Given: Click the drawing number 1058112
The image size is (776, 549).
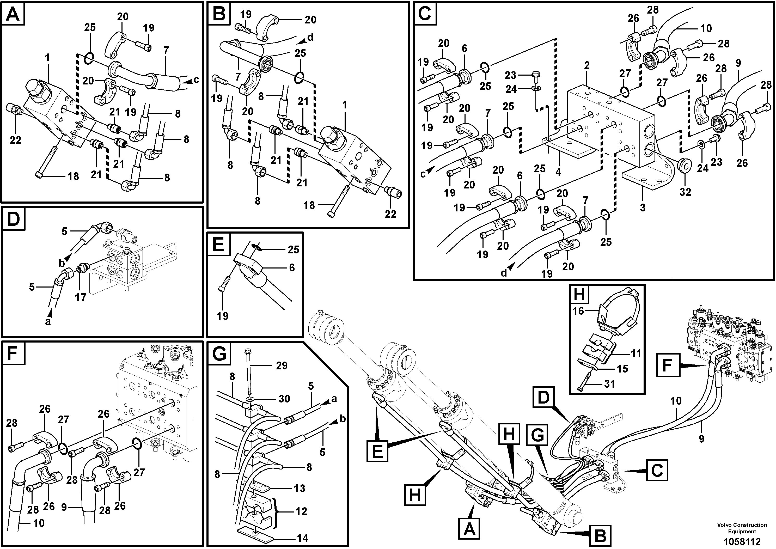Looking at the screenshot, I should point(742,541).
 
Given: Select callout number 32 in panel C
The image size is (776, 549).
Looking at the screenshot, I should point(685,192).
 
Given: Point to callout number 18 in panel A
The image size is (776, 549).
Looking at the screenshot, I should point(73,176).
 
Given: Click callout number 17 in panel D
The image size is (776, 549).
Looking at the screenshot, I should point(81,297).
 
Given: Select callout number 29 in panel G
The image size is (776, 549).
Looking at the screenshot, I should point(282,365).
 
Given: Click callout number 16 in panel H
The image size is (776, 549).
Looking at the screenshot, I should point(578,311).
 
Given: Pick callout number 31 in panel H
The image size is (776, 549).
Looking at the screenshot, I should point(609,384).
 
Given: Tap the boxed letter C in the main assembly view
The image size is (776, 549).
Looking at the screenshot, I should point(657,470).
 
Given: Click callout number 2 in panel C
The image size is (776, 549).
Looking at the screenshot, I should point(587,65).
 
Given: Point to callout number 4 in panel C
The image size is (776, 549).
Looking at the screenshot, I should point(558,172).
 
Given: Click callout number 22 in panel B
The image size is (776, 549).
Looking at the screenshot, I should point(390,214).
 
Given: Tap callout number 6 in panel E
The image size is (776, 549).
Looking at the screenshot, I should point(292,268).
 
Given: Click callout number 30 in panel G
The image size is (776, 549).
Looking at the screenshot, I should point(284,399).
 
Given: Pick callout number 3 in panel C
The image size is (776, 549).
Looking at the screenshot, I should point(643,207).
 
